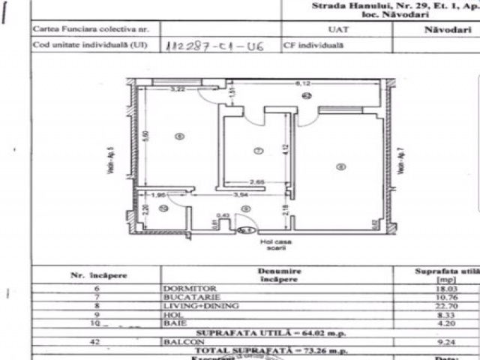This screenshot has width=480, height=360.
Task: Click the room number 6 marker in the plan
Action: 178,136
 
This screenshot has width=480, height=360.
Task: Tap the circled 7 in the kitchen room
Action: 258,150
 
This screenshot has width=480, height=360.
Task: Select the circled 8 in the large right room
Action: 340,166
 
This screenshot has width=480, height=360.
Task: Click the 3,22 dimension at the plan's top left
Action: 177,90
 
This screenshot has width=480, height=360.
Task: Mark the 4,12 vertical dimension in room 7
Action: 285,149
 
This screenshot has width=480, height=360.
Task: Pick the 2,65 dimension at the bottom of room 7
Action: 258,182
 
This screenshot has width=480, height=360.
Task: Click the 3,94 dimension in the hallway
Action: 241,195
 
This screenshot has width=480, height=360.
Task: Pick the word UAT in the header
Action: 337,30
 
